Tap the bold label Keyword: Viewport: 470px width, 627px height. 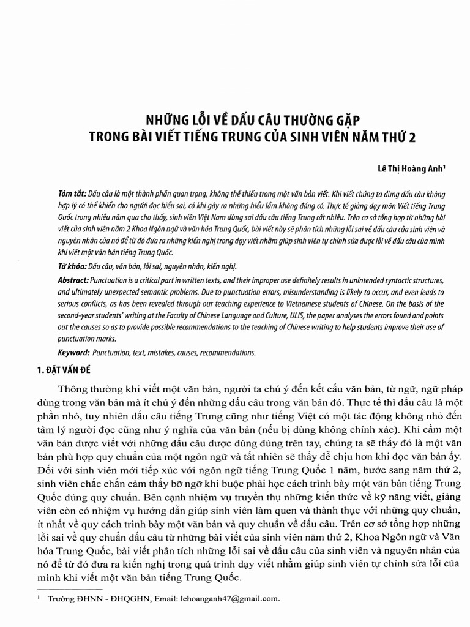tap(73, 353)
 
